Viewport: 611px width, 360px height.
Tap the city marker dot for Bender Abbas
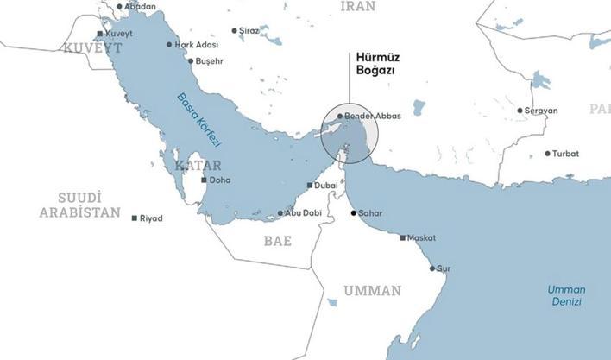point(339,116)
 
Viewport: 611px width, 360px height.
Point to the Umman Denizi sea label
point(566,296)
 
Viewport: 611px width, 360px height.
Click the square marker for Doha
point(204,180)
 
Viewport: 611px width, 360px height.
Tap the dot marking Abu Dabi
point(280,213)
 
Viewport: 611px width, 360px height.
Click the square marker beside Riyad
point(134,218)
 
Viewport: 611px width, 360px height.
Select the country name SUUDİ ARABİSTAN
point(79,205)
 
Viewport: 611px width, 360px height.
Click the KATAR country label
point(198,165)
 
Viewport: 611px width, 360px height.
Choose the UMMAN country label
point(372,291)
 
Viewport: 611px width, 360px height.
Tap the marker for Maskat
point(402,238)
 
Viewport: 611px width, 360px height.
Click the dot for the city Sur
point(432,268)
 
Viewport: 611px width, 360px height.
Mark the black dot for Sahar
point(353,212)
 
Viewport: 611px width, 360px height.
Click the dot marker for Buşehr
point(191,61)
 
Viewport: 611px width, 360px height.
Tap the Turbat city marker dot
point(547,154)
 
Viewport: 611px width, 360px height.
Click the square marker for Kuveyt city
point(100,34)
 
